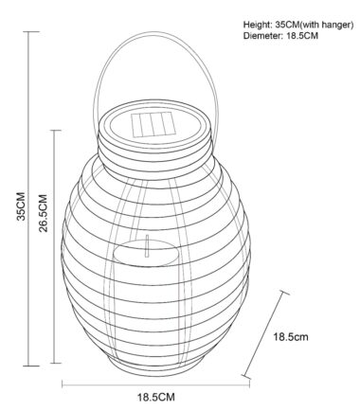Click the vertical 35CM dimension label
(21, 205)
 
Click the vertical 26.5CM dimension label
(44, 213)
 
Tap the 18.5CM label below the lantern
(155, 397)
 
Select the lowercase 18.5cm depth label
(291, 337)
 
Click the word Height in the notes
(255, 25)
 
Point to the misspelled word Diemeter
(261, 36)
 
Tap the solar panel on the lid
(153, 125)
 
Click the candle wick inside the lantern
(147, 246)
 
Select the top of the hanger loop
(154, 32)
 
